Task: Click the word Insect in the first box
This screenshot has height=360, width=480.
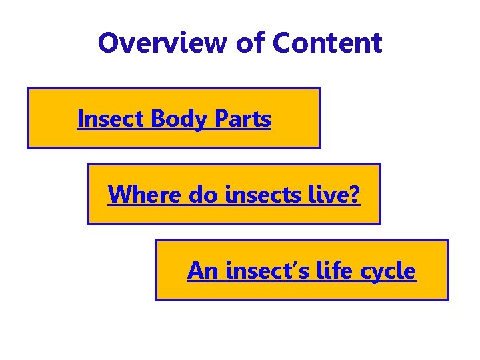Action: click(111, 119)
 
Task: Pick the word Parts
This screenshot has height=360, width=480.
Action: click(243, 119)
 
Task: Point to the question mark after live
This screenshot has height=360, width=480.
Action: click(354, 195)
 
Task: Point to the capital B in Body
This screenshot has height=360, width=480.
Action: click(158, 119)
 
